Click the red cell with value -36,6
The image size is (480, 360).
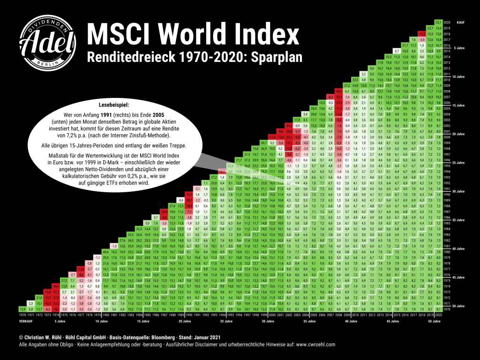click(x=56, y=286)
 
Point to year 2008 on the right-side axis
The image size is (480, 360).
click(x=447, y=91)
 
